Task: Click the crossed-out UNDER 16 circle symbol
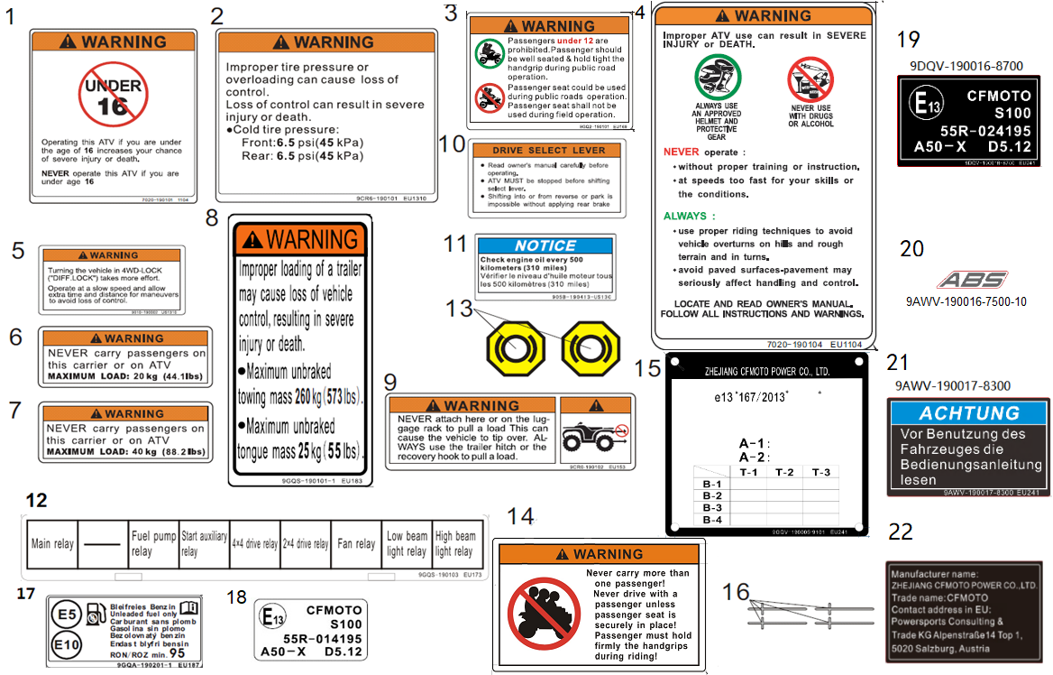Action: coord(113,97)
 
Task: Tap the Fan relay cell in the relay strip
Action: coord(356,544)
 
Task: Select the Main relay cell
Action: coord(53,544)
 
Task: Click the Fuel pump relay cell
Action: coord(153,544)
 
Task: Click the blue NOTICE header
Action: coord(545,245)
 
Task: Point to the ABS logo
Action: coord(966,280)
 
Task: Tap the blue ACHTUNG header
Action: coord(969,413)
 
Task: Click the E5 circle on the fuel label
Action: coord(66,614)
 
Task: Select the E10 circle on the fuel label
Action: coord(66,645)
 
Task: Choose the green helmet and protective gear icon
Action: coord(717,79)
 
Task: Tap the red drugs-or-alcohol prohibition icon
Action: coord(809,79)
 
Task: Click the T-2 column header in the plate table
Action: coord(783,472)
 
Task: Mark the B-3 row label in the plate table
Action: coord(712,508)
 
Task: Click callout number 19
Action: coord(908,39)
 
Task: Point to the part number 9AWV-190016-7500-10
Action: coord(966,302)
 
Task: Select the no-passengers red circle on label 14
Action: coord(544,615)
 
